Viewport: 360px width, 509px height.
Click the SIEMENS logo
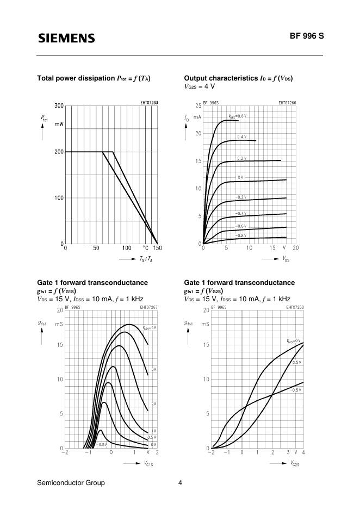(66, 38)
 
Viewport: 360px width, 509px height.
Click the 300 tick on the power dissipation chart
(59, 105)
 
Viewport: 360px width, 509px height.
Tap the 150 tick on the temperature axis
(157, 248)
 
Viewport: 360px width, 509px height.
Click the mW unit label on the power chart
(59, 125)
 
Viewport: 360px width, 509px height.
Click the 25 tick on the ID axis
(198, 105)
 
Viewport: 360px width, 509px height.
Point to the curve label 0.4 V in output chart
(241, 136)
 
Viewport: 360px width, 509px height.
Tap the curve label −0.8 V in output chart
(240, 235)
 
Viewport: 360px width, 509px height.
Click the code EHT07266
(287, 102)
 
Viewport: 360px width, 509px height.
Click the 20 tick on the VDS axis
(295, 248)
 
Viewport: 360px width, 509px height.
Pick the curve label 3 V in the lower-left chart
(153, 369)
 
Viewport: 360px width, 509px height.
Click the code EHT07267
(148, 307)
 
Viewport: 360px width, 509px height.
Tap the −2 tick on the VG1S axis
(65, 452)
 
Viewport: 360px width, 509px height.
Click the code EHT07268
(294, 307)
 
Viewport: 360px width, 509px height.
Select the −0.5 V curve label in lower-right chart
(296, 390)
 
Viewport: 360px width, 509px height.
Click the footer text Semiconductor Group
(71, 483)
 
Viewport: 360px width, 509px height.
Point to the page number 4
(180, 483)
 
